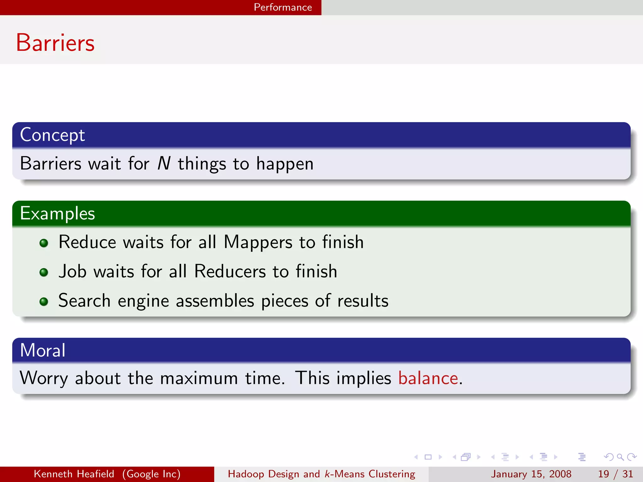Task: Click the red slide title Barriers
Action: point(55,43)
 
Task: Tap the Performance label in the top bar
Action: point(283,7)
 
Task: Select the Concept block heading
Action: point(52,135)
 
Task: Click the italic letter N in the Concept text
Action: point(164,163)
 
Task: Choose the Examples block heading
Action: point(57,213)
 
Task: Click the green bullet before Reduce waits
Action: point(44,243)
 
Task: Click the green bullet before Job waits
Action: point(44,272)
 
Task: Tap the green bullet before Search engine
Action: point(44,302)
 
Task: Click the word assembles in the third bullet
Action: point(215,301)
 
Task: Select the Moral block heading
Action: point(43,350)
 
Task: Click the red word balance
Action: point(428,378)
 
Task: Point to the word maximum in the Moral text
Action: point(199,378)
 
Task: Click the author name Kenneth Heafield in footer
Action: point(74,474)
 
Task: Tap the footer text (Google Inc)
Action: point(152,474)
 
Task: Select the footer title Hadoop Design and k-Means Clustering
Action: point(321,474)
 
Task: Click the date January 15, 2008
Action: point(531,474)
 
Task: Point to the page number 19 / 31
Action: point(615,474)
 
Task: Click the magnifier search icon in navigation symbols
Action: point(620,457)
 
